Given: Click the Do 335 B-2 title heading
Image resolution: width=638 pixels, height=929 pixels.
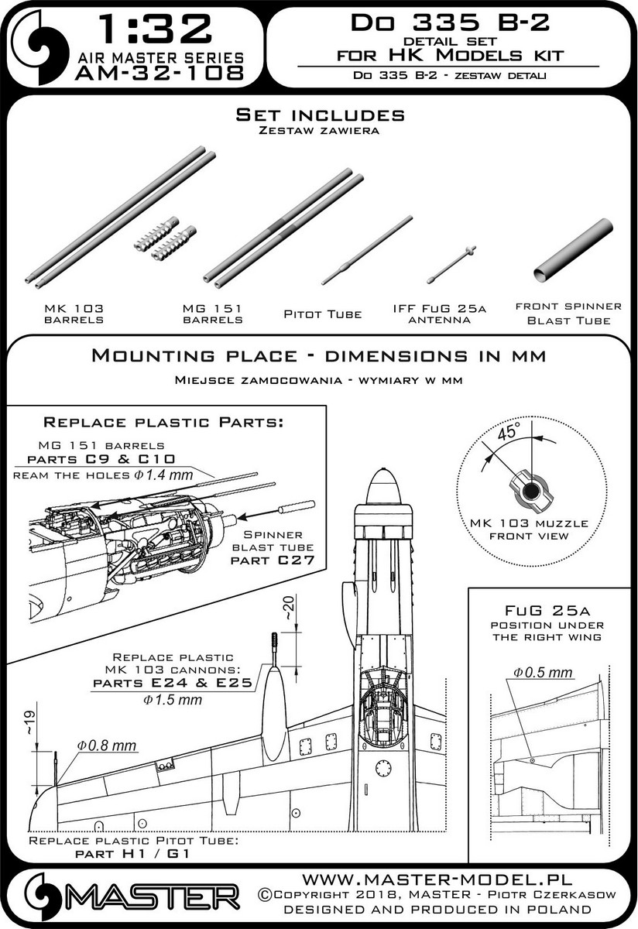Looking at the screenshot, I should point(450,22).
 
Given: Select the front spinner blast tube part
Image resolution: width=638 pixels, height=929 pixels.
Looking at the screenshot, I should point(574,250).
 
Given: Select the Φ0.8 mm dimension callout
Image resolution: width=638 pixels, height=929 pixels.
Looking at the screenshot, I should point(106,746).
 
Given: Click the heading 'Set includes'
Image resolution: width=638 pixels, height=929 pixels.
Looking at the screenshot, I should point(320,115).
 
